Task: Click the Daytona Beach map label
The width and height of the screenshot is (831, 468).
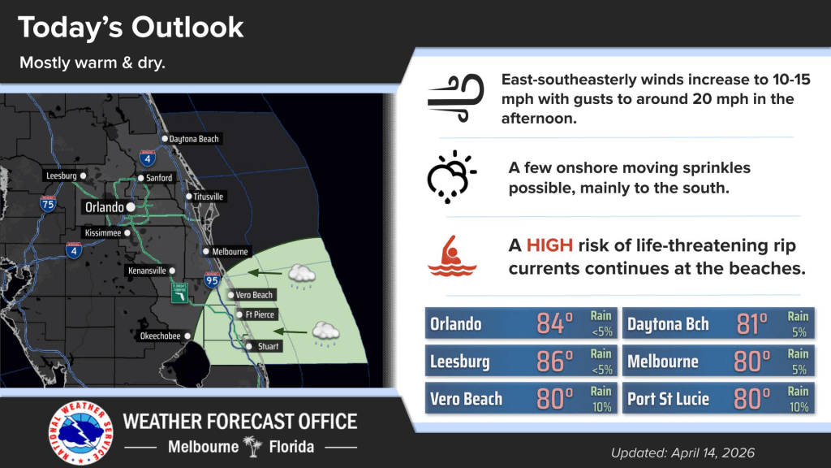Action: click(194, 139)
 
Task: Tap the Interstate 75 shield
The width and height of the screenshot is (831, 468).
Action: click(48, 203)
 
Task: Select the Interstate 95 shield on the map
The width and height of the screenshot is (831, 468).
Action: click(212, 279)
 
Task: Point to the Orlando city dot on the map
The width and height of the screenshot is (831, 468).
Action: click(131, 207)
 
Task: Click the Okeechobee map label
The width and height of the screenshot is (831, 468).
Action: click(160, 336)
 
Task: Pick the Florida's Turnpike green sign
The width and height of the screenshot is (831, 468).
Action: click(179, 293)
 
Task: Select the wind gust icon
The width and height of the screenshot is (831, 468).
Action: click(456, 98)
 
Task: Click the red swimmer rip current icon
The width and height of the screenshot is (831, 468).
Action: click(452, 256)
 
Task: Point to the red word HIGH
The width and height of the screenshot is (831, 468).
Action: click(549, 245)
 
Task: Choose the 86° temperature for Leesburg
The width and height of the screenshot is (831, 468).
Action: click(554, 362)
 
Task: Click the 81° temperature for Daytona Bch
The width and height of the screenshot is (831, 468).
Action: click(751, 323)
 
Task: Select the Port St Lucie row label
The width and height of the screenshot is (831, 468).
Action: click(669, 399)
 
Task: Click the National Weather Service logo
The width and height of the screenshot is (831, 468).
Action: click(80, 432)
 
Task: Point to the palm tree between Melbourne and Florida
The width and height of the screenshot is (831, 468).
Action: click(253, 446)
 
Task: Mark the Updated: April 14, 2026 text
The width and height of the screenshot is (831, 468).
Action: click(682, 453)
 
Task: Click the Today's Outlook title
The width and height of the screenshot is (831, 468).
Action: click(131, 27)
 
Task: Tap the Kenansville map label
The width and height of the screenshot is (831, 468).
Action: click(147, 271)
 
